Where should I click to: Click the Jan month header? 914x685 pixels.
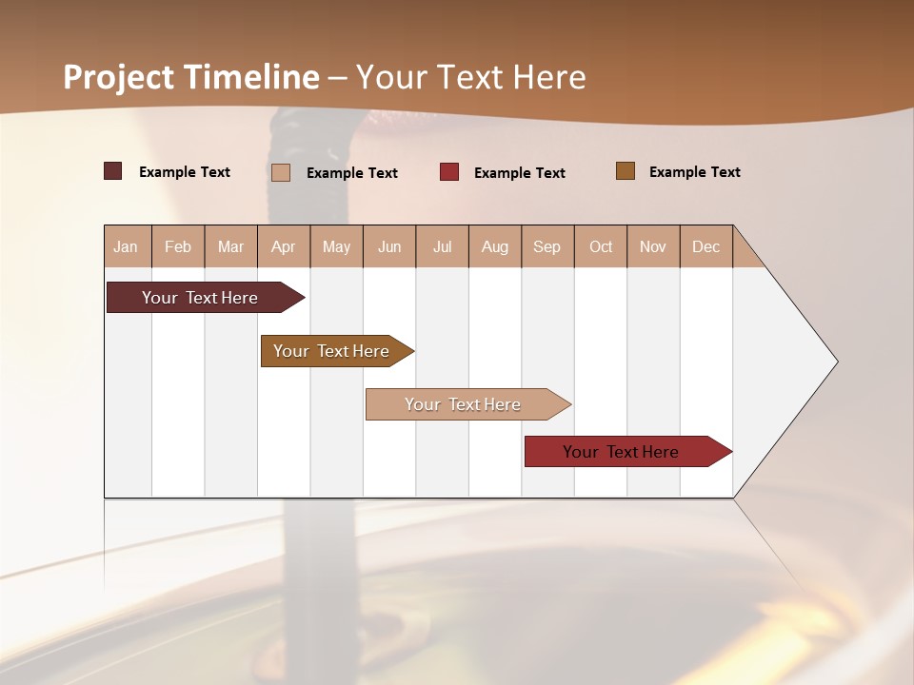126,246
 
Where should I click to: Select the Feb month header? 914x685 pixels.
178,246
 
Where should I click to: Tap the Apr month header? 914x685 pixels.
283,246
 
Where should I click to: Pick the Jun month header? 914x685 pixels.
389,246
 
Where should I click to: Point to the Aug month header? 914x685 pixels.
494,246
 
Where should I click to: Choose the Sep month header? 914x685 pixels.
546,246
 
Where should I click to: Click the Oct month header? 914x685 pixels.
601,246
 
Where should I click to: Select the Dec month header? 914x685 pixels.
705,246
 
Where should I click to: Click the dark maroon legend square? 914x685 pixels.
113,171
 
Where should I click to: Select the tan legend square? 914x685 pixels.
281,172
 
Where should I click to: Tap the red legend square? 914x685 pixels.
449,172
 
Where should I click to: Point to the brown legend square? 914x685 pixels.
626,171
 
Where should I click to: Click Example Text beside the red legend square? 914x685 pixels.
520,173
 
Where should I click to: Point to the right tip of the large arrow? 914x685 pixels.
836,362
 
